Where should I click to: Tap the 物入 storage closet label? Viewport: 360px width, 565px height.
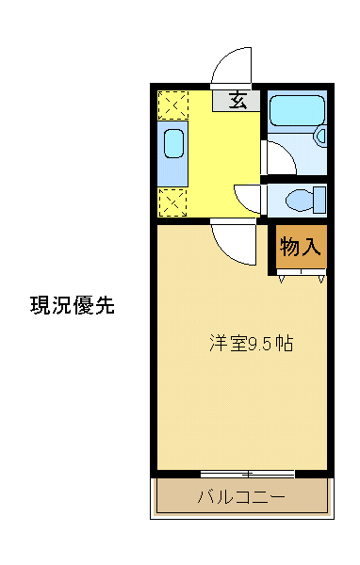click(x=302, y=247)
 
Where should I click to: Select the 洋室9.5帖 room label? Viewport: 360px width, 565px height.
click(x=251, y=344)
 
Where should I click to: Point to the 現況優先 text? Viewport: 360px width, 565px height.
click(x=73, y=305)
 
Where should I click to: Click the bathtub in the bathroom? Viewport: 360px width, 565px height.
click(x=293, y=113)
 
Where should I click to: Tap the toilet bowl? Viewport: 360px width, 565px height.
click(x=300, y=200)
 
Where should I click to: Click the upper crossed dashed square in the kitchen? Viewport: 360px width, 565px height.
click(x=172, y=105)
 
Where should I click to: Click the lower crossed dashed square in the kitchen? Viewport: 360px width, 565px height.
click(x=172, y=201)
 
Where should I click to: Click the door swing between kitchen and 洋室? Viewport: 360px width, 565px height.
click(x=232, y=241)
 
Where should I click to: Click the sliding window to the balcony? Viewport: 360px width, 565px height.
click(x=247, y=473)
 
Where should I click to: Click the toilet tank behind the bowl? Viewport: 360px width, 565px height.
click(x=320, y=200)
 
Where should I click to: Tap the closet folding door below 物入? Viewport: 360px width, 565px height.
click(x=302, y=274)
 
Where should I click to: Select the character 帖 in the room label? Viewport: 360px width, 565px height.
click(x=285, y=344)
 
